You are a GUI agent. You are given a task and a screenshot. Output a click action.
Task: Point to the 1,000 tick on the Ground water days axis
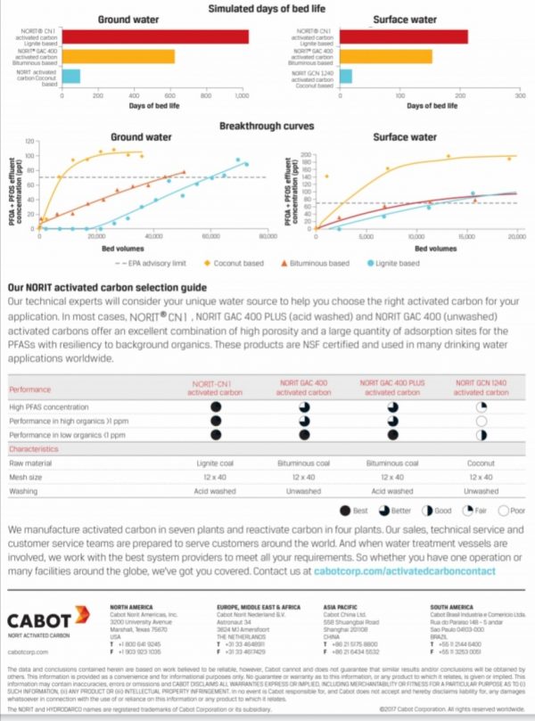[242, 95]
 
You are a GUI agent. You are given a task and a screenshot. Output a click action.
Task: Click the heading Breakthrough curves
[267, 127]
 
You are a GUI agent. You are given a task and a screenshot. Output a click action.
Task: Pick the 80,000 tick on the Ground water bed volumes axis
[266, 238]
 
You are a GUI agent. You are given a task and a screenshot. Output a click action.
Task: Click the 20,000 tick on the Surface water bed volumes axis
[516, 238]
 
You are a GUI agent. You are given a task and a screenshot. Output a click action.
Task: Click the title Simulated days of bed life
[267, 8]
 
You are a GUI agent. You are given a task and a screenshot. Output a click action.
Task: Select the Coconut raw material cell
[481, 464]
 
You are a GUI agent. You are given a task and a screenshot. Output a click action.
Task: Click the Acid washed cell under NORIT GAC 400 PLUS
[393, 490]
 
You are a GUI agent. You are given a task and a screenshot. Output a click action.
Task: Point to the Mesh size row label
[27, 478]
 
